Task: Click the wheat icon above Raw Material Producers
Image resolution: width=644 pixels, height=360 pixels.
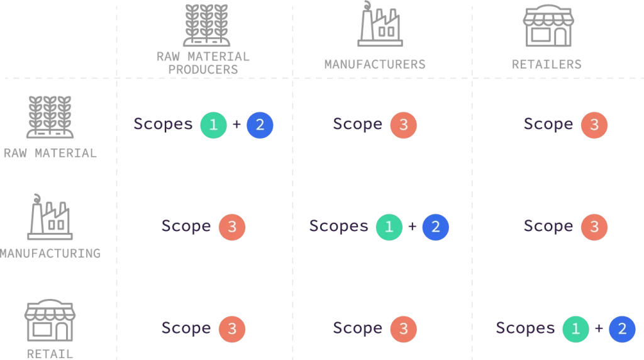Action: (206, 25)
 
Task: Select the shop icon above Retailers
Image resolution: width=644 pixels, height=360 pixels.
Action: (548, 26)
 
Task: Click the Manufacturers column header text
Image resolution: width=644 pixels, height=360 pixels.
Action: (375, 64)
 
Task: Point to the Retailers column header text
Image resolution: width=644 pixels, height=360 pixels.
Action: (547, 64)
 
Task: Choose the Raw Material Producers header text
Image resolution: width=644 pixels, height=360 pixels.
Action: (203, 63)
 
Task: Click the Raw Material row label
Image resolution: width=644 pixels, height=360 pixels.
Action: (50, 154)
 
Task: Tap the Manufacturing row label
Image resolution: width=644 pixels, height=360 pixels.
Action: (50, 254)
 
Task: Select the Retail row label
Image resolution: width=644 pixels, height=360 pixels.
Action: (50, 354)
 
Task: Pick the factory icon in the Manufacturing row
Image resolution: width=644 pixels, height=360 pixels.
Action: (50, 217)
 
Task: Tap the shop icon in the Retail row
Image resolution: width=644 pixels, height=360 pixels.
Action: (50, 320)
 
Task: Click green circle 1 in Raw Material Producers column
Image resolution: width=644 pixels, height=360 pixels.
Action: (213, 125)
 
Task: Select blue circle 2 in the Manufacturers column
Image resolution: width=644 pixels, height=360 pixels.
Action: (435, 227)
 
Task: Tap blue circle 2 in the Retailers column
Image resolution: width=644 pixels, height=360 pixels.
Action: (622, 329)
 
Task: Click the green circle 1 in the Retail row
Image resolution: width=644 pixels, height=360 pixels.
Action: (575, 329)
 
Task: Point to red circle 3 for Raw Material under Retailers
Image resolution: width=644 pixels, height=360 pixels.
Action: (594, 125)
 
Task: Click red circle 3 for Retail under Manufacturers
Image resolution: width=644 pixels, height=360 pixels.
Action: (403, 329)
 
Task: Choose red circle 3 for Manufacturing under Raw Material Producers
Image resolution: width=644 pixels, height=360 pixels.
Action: (231, 227)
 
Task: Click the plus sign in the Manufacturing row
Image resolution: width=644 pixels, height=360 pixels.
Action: (412, 227)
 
